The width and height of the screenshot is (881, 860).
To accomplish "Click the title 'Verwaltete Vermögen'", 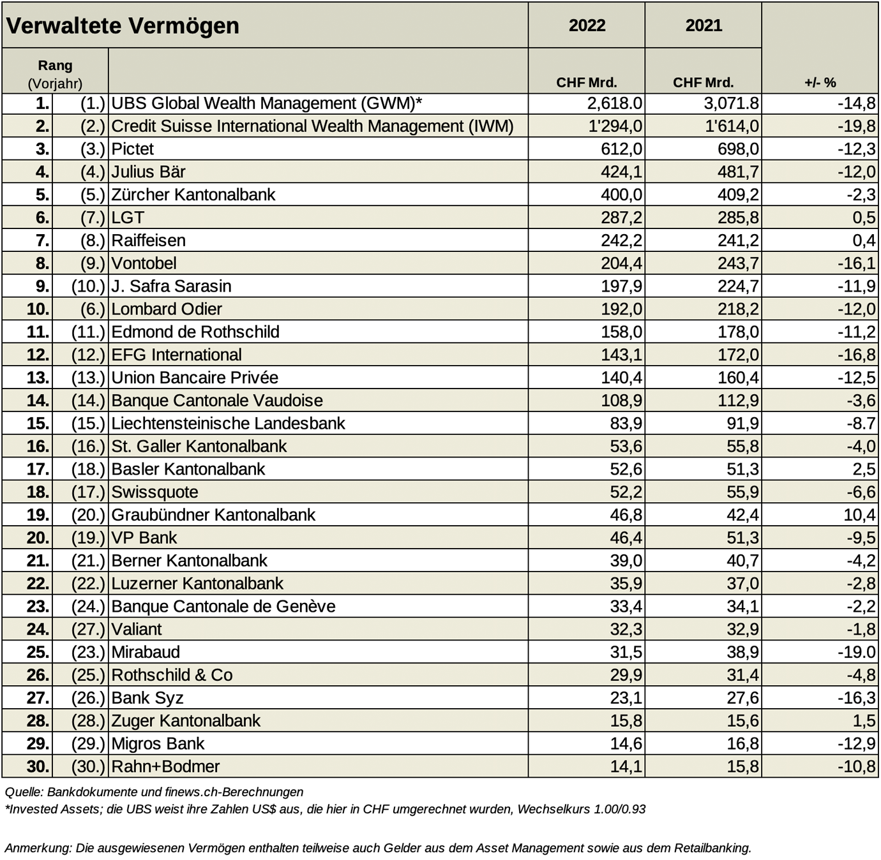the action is [x=122, y=26].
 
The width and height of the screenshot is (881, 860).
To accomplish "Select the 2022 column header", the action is [x=587, y=26].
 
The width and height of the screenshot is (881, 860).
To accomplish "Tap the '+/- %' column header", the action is [x=820, y=82].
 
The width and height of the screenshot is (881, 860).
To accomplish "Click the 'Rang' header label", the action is [x=56, y=66].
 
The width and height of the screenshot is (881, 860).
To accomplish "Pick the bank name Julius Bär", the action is [x=149, y=172].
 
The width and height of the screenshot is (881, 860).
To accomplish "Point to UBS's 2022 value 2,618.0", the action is [x=614, y=103].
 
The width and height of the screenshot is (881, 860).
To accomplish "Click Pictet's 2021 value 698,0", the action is [x=738, y=149].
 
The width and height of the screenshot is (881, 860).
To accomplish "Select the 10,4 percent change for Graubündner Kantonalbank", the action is [x=860, y=515].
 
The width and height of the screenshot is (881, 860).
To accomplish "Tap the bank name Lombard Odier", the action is [x=167, y=309].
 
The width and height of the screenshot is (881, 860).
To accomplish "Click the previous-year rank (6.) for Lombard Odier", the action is [x=93, y=309].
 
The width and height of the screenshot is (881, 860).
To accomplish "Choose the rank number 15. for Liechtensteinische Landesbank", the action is [x=38, y=424].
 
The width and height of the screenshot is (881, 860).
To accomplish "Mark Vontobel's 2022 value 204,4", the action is [x=621, y=263].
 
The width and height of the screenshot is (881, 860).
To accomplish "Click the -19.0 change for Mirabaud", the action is [x=857, y=652].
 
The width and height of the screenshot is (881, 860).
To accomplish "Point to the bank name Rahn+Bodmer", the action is [x=166, y=766].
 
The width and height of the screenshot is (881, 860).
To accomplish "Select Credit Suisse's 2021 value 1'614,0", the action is [x=732, y=126].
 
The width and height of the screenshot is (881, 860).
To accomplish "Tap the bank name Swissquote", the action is [x=155, y=493].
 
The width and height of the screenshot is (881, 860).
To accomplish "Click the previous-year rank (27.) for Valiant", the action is [x=88, y=629].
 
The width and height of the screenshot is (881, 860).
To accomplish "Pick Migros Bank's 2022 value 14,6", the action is [x=626, y=744].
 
